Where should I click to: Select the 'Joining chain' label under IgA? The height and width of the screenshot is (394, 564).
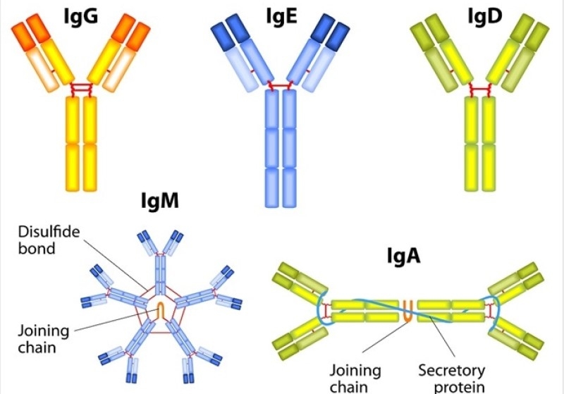pos(360,377)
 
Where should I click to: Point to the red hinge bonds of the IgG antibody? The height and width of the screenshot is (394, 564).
pos(80,89)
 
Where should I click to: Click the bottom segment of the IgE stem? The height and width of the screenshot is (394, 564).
pos(281,185)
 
